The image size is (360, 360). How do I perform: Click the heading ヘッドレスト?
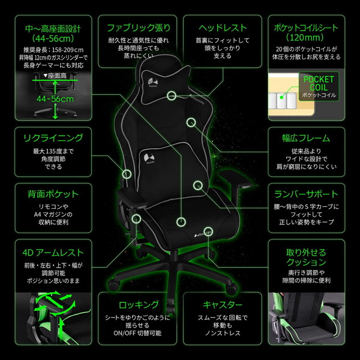tap(223, 28)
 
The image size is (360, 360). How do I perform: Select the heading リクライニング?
tap(53, 138)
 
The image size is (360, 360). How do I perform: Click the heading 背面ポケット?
tap(53, 194)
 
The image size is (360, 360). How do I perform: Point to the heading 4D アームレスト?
tap(53, 253)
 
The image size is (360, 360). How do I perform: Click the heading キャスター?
tap(223, 305)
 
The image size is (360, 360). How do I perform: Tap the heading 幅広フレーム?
tap(306, 138)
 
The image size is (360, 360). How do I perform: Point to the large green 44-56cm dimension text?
tap(55, 98)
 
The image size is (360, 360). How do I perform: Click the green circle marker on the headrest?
tap(172, 95)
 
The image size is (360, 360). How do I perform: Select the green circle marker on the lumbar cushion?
tap(197, 185)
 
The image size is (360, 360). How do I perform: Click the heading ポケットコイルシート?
tap(306, 28)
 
